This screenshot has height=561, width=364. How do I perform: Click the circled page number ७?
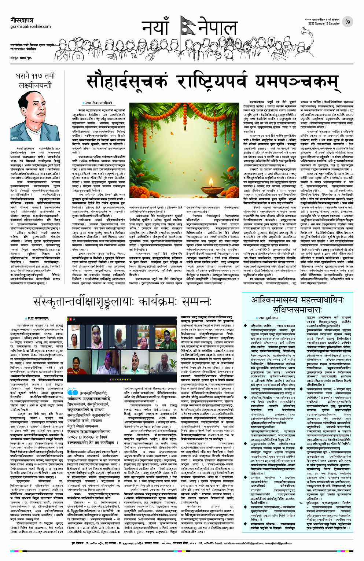(x=347, y=22)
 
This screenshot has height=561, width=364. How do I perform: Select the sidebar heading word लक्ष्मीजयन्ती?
(x=35, y=85)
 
